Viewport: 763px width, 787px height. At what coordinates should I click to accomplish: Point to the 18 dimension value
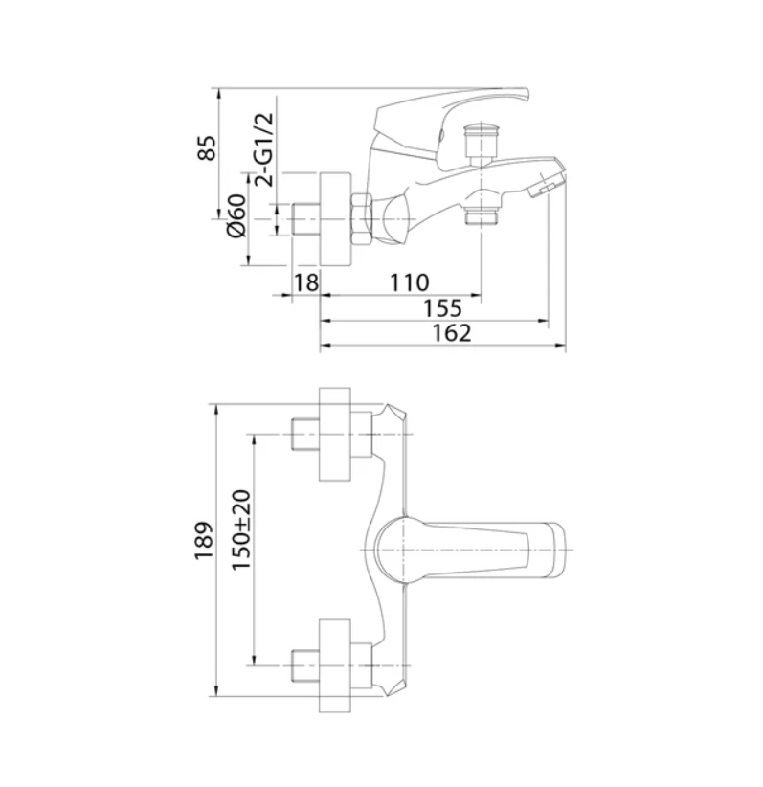[305, 283]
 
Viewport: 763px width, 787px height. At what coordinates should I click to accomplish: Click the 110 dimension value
[410, 283]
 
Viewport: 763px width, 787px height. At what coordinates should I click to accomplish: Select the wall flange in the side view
[335, 219]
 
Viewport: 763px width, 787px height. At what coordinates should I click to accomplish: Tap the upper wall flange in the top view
[335, 436]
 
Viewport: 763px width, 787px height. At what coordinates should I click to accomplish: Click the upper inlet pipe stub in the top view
[304, 436]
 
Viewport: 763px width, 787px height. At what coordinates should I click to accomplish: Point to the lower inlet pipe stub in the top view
[304, 663]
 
